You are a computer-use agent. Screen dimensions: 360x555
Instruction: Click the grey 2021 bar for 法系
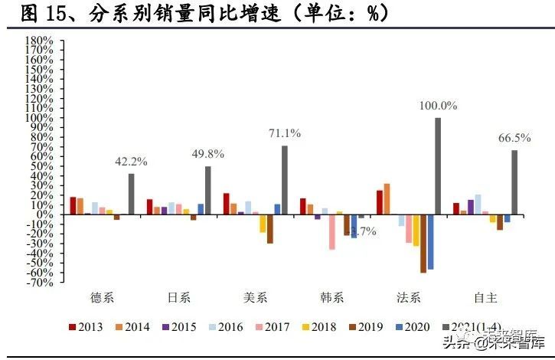[x=438, y=165]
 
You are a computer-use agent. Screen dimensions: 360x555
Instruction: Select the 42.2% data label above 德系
[x=131, y=162]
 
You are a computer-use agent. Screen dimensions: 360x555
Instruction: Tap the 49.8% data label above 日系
[x=207, y=154]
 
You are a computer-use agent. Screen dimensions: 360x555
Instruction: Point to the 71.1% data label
[x=284, y=133]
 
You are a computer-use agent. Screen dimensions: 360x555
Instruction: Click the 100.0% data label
[x=438, y=106]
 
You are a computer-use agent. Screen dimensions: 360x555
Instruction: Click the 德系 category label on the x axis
[x=104, y=296]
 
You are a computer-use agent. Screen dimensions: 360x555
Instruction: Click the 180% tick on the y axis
[x=38, y=40]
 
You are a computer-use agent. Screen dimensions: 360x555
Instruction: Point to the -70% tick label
[x=38, y=282]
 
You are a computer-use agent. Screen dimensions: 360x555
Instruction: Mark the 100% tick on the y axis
[x=38, y=117]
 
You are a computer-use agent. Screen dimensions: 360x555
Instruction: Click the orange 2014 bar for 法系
[x=387, y=198]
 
